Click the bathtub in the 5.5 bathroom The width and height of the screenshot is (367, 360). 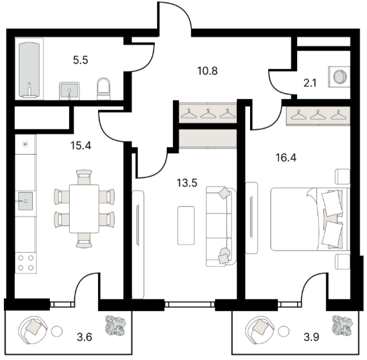[29, 70]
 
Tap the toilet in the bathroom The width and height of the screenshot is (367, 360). [103, 89]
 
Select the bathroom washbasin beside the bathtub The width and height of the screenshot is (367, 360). [69, 91]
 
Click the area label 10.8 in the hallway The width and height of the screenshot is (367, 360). [208, 71]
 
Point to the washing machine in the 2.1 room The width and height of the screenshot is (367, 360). [339, 77]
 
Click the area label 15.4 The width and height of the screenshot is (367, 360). [81, 146]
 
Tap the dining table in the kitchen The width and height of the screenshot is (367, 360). [85, 209]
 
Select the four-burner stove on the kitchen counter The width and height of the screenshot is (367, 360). [26, 262]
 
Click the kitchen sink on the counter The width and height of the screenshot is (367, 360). [26, 201]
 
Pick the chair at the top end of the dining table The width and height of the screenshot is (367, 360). [84, 177]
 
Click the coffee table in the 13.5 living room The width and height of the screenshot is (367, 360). [186, 226]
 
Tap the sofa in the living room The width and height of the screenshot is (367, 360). [221, 226]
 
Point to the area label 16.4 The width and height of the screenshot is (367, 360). [286, 158]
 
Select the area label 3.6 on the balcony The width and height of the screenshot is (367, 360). [85, 337]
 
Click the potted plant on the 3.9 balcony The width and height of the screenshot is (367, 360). [343, 325]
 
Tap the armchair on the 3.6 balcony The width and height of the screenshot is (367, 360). [33, 330]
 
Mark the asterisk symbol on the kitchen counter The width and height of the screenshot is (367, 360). [25, 144]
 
